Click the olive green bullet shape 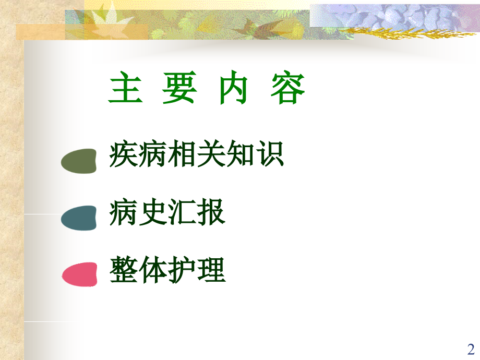(79, 161)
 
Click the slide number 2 (471, 349)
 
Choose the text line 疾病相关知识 (197, 155)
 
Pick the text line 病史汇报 (167, 213)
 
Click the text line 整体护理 (167, 270)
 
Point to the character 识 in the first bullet (270, 155)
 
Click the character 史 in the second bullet (153, 213)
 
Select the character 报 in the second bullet (211, 213)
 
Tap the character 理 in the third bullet (211, 270)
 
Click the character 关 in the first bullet (211, 155)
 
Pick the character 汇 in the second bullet (182, 213)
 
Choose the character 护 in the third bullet (182, 270)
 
